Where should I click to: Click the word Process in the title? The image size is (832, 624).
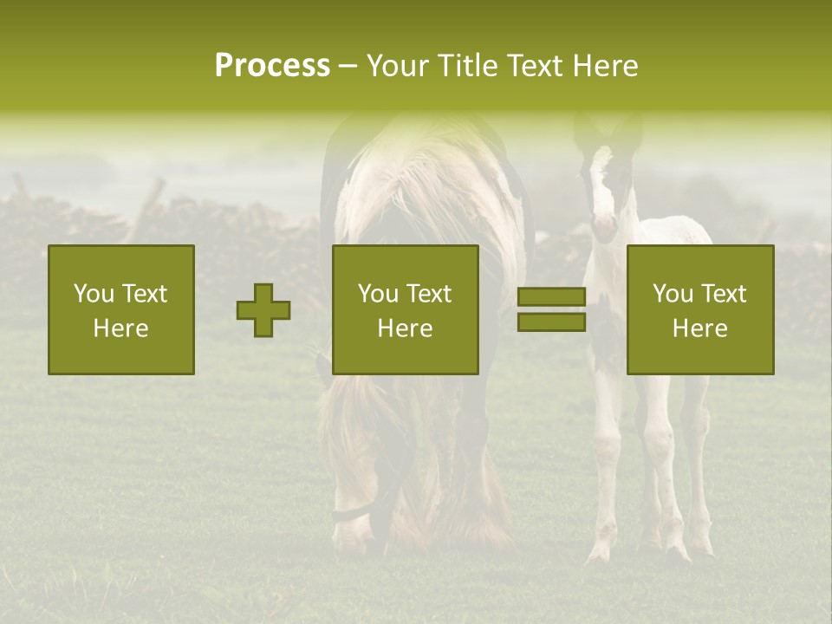click(x=272, y=66)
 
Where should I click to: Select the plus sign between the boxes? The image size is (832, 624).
click(x=263, y=310)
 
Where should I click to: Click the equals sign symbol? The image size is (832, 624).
click(x=551, y=310)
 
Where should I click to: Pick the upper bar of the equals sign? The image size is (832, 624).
click(x=551, y=297)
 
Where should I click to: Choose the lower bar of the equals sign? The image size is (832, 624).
click(x=551, y=322)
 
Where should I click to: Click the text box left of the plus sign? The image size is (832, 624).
click(x=121, y=310)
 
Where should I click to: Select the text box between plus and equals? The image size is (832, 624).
click(x=405, y=310)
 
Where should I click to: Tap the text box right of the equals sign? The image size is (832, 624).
click(x=699, y=310)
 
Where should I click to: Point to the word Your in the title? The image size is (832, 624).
click(x=395, y=66)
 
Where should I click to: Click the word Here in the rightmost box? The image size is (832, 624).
click(x=699, y=328)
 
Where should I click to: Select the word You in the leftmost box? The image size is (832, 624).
click(x=93, y=294)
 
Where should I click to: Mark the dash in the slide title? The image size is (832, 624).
click(x=348, y=66)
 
